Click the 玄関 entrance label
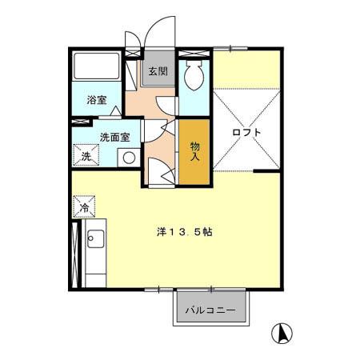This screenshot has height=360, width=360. click(x=158, y=71)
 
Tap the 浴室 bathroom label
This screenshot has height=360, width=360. click(x=97, y=100)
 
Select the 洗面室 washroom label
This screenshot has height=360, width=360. click(x=115, y=138)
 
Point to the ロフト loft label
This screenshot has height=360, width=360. click(x=246, y=132)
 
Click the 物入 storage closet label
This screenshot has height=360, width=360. click(x=194, y=151)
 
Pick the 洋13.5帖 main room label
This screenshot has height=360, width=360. click(x=185, y=232)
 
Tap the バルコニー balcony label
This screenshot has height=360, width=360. click(x=210, y=310)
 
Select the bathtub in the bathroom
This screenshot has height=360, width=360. click(x=97, y=66)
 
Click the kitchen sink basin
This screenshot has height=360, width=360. click(x=95, y=238)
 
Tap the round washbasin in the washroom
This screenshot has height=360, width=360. click(x=129, y=158)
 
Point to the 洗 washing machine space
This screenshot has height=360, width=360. click(x=86, y=155)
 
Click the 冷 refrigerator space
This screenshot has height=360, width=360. click(x=84, y=206)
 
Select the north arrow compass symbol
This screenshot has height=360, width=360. click(x=282, y=333)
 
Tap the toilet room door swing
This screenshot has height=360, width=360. click(x=166, y=106)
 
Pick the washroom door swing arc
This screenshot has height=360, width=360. click(x=156, y=131)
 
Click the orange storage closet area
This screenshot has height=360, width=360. click(x=194, y=152)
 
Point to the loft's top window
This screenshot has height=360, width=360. click(x=230, y=49)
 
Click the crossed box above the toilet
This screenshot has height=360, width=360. click(x=194, y=53)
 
